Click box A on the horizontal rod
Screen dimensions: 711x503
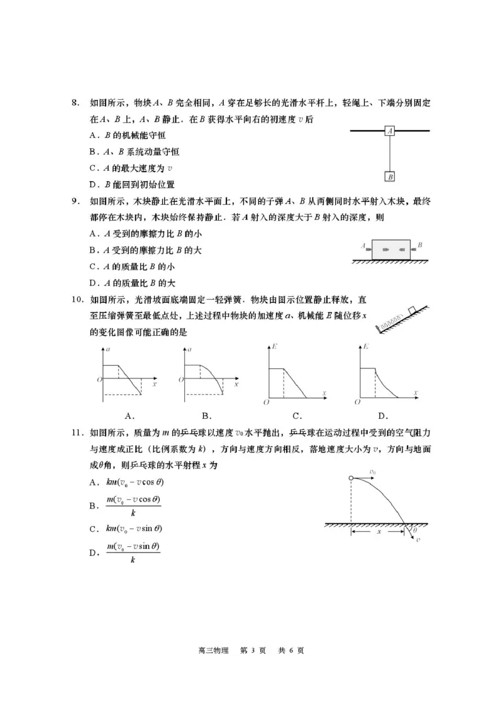click(x=390, y=131)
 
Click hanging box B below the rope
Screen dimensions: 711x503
click(x=390, y=177)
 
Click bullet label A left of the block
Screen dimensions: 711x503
click(x=364, y=246)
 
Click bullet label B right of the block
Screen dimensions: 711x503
click(x=419, y=245)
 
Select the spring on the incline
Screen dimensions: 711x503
click(x=390, y=319)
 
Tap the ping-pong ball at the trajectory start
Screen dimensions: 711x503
click(x=351, y=479)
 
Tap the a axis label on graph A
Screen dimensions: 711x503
click(x=108, y=348)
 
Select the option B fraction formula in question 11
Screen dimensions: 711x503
click(x=133, y=506)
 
